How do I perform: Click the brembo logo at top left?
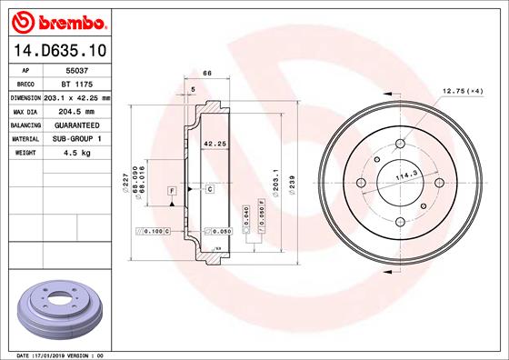(57, 20)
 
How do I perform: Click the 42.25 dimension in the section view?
(214, 144)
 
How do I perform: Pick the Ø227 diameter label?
(125, 184)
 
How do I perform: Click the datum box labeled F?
(171, 189)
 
